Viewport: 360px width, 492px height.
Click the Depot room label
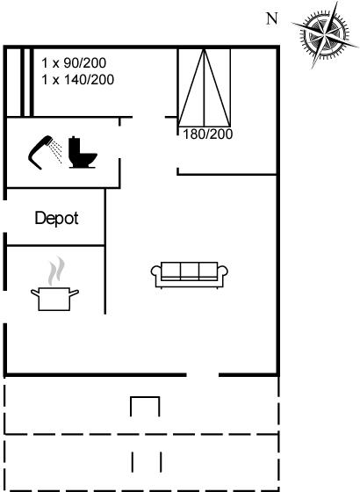[x=57, y=219]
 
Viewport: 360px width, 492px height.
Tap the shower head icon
[x=40, y=152]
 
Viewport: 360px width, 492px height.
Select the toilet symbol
[x=83, y=153]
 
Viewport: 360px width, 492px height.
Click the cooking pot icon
[x=54, y=299]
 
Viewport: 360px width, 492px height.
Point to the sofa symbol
[x=190, y=275]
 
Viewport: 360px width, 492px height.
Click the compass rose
[x=325, y=34]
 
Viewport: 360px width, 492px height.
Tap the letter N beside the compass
[x=272, y=18]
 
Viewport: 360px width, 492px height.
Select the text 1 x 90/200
[x=74, y=63]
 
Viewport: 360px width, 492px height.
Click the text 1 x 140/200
[x=78, y=80]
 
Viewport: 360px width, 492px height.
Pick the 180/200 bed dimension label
[x=207, y=134]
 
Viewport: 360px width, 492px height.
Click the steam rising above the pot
[x=56, y=271]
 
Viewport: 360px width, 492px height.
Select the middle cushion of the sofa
[x=190, y=271]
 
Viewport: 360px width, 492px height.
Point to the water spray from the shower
[x=57, y=152]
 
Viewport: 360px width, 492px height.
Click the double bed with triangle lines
[x=204, y=88]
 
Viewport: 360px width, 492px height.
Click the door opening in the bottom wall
[x=203, y=374]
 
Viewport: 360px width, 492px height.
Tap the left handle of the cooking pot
[x=35, y=293]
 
